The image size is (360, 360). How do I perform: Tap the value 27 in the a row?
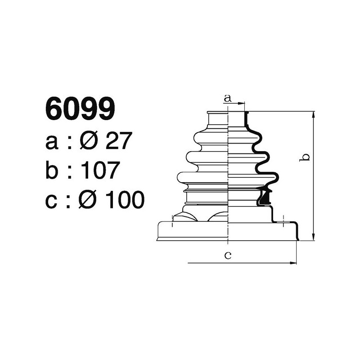coord(118,142)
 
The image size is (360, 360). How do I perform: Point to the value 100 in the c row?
coord(125,199)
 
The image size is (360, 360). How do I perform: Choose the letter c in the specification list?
coord(53,201)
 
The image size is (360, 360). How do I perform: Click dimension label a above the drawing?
coord(228,98)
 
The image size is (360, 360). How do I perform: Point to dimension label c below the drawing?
coord(228,256)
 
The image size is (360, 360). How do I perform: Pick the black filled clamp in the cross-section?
coord(265,197)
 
